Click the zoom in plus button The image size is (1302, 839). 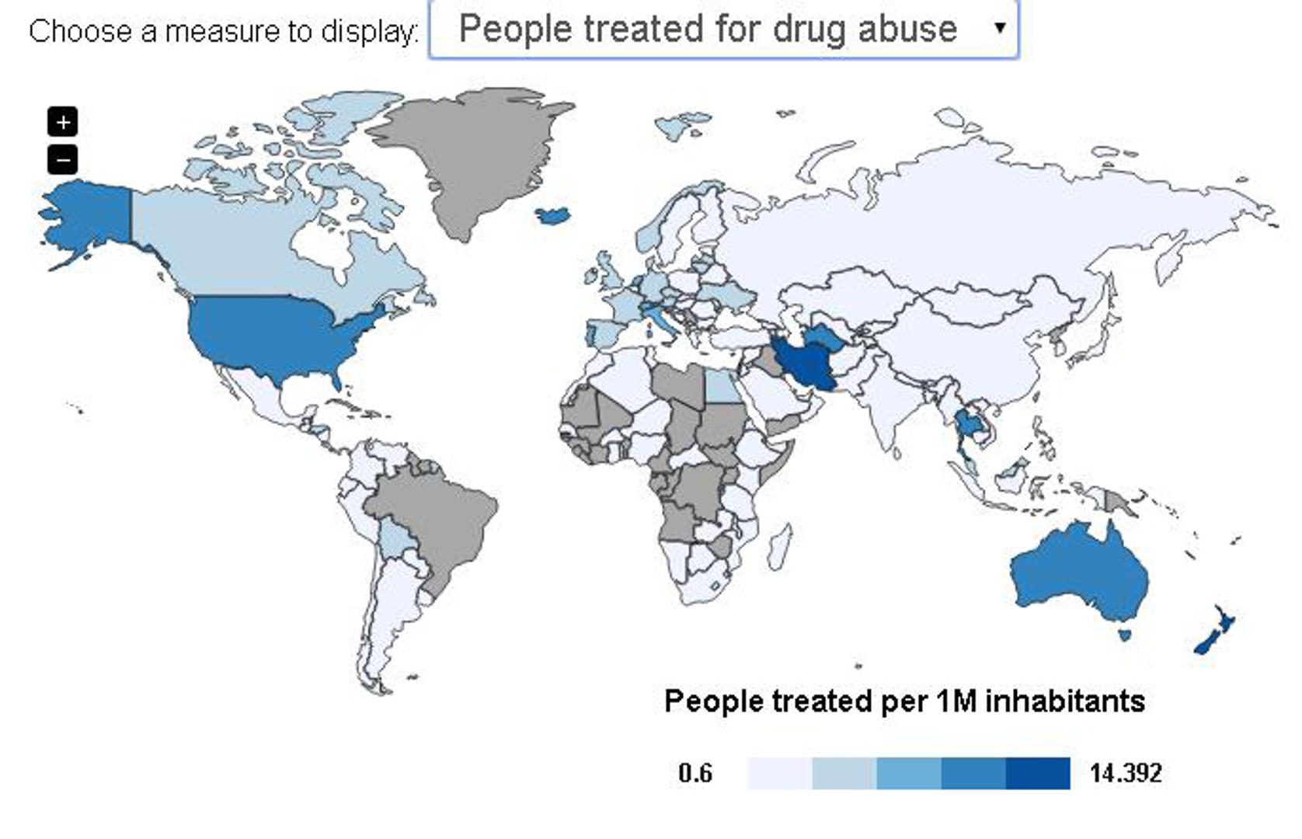[63, 122]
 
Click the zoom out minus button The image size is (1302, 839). [63, 160]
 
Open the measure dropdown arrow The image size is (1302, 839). [1000, 28]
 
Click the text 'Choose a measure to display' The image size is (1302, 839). [223, 31]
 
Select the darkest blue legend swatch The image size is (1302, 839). [1037, 773]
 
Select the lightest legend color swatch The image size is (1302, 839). [779, 773]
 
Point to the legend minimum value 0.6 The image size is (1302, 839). [695, 773]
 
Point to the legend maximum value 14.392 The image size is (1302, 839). [1126, 773]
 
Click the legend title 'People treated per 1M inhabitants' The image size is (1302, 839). [904, 701]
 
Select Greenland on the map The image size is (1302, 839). [474, 155]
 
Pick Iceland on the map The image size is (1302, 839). [553, 214]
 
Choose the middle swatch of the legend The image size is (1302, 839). [908, 773]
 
